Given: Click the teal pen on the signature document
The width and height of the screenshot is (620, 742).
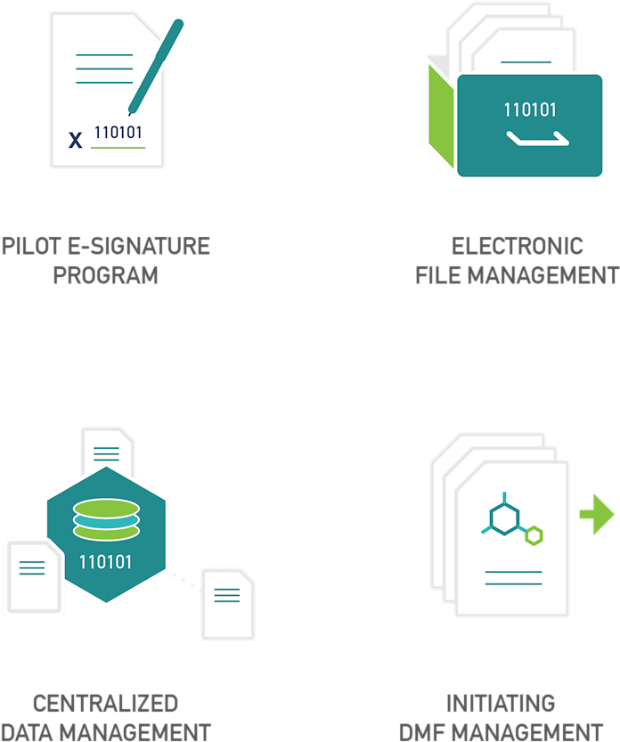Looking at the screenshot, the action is [x=156, y=66].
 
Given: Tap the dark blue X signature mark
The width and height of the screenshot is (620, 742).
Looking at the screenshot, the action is [x=75, y=140].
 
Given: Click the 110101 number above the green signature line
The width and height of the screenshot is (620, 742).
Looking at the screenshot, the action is [x=118, y=133].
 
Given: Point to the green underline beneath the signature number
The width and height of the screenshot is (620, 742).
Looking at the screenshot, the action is [x=118, y=148].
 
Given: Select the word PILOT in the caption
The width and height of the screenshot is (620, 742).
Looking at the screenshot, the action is [x=32, y=246].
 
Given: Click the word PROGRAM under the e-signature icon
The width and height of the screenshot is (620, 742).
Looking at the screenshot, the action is [x=105, y=275].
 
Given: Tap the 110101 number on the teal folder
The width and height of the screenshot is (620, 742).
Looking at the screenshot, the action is [x=530, y=110].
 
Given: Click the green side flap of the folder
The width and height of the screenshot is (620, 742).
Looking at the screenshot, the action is [x=441, y=117].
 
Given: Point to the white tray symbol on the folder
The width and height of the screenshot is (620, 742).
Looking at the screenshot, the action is [x=538, y=139].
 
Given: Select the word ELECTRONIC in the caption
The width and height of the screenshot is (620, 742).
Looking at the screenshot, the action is [x=518, y=246].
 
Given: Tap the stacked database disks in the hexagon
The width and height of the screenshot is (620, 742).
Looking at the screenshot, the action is [x=106, y=519].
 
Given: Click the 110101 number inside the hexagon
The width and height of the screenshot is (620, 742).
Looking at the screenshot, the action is [x=105, y=562].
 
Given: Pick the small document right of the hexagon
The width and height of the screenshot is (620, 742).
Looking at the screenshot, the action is [x=228, y=604].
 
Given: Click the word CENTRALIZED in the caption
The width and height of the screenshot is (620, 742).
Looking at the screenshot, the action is [x=105, y=704].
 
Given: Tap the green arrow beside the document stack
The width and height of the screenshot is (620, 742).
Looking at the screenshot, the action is [x=597, y=514].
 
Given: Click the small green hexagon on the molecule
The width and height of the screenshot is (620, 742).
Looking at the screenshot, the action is [x=534, y=535].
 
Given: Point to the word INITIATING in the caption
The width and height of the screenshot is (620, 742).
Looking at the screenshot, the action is [x=501, y=704].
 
